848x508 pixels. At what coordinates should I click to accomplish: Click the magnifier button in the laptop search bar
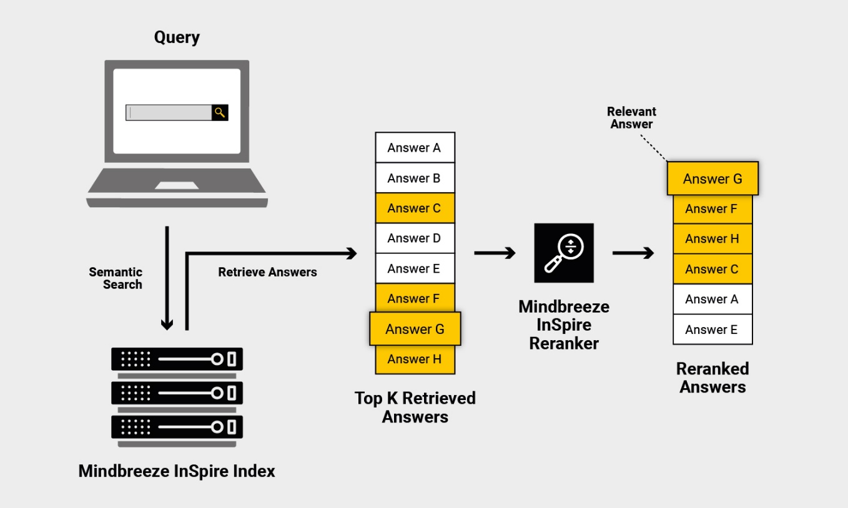click(x=220, y=112)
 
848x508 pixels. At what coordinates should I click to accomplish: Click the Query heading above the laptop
click(x=177, y=37)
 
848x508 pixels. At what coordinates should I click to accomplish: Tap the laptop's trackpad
click(x=177, y=185)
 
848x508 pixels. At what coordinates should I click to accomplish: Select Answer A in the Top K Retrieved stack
click(x=415, y=147)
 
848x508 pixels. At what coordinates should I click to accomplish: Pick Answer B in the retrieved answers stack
click(x=415, y=178)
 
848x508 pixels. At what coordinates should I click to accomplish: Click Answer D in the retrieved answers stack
click(x=415, y=238)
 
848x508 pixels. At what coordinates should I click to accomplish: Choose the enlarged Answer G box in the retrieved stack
click(x=415, y=329)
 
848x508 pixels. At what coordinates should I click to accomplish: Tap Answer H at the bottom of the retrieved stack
click(x=415, y=359)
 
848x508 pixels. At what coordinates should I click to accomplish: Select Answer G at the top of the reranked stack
click(x=712, y=178)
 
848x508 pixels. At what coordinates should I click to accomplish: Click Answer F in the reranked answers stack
click(x=712, y=209)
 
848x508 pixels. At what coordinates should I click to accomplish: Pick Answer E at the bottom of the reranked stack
click(x=712, y=330)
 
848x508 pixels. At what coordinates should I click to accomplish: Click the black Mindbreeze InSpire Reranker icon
click(x=564, y=253)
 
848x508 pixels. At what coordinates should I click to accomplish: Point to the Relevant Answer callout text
click(x=631, y=117)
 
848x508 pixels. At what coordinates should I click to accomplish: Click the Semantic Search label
click(x=116, y=278)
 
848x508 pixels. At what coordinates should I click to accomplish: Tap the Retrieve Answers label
click(x=267, y=272)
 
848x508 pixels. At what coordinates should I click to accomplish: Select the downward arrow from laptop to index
click(x=167, y=278)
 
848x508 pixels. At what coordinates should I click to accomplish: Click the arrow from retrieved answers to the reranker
click(x=495, y=253)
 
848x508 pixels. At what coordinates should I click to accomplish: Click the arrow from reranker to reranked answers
click(x=633, y=253)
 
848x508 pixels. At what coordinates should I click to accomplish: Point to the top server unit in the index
click(x=177, y=359)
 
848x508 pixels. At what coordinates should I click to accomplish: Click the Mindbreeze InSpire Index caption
click(x=177, y=471)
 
